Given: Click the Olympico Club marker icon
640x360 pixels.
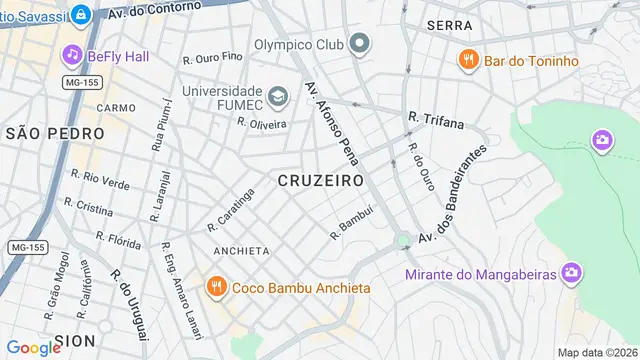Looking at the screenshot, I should click(359, 44).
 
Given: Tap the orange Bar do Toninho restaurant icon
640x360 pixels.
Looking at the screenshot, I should click(467, 60).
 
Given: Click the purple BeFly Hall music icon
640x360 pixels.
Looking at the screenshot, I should click(72, 54).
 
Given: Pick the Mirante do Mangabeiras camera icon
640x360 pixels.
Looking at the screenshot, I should click(571, 272).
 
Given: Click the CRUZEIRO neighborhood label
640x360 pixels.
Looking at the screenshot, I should click(319, 181).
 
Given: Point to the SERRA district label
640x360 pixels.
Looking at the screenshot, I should click(449, 24).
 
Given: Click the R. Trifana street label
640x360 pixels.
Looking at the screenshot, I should click(436, 121).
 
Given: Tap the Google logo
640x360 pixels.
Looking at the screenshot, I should click(34, 347).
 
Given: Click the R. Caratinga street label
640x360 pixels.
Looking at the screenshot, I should click(231, 209).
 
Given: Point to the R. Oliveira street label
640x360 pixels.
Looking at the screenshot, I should click(262, 123).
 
